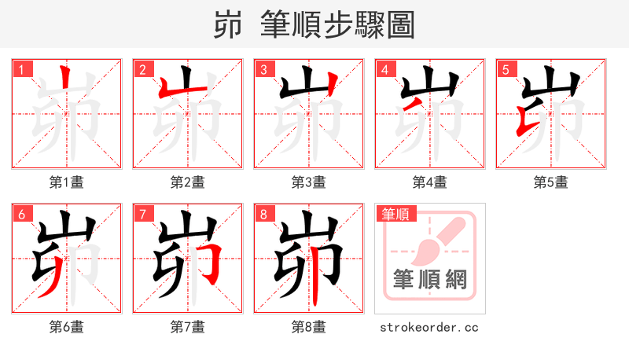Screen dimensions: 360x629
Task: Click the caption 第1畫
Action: (x=67, y=182)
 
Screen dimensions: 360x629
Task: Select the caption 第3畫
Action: (x=309, y=182)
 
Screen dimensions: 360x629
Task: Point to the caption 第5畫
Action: (x=551, y=182)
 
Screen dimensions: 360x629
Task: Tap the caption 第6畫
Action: (x=67, y=327)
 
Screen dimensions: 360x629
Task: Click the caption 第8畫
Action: (x=309, y=327)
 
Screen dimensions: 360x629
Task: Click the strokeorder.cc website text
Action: (x=429, y=327)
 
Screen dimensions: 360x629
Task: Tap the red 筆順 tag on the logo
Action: (x=398, y=214)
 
